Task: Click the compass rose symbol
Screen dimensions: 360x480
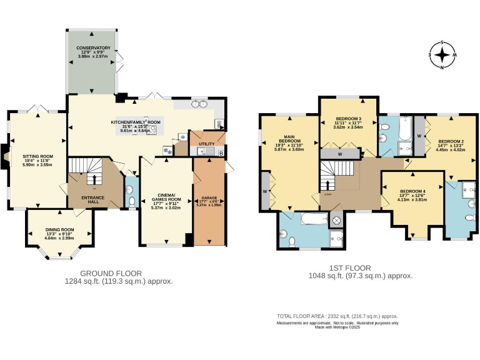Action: coord(442,56)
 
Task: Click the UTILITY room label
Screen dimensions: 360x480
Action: coord(206,144)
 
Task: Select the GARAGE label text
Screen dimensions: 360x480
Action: coord(210,200)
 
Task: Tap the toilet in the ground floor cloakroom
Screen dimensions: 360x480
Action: coord(132,201)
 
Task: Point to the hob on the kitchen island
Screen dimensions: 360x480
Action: coord(151,131)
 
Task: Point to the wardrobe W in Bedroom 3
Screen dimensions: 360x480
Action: coord(339,153)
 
